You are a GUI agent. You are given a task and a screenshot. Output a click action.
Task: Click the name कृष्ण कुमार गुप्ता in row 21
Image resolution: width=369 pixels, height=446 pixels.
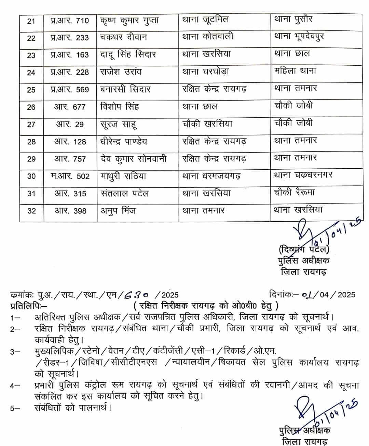(x=129, y=21)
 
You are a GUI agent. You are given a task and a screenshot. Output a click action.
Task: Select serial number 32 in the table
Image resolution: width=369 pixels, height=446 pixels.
(x=31, y=211)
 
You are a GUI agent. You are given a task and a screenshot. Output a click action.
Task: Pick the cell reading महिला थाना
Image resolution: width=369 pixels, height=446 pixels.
(x=295, y=71)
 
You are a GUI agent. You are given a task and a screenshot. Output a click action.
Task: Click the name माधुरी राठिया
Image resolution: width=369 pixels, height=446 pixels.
(x=123, y=176)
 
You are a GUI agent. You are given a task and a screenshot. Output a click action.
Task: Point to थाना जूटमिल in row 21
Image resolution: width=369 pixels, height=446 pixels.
(x=205, y=20)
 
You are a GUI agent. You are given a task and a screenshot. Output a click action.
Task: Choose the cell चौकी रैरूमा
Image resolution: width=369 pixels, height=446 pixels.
(x=294, y=193)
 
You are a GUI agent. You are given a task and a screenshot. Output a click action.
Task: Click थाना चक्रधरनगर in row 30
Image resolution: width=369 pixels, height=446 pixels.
(x=303, y=175)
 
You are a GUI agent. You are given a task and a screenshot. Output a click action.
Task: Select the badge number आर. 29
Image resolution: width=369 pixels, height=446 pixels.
(x=70, y=124)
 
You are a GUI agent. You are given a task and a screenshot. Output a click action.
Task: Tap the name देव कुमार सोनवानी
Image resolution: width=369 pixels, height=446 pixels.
(x=134, y=159)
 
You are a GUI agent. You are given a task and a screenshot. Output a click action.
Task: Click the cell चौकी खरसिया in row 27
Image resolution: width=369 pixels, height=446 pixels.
(x=207, y=123)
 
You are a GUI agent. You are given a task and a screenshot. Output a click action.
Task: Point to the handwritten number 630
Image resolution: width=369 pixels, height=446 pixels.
(x=136, y=294)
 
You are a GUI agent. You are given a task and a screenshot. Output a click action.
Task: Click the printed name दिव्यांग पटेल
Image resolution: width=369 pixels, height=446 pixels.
(x=304, y=249)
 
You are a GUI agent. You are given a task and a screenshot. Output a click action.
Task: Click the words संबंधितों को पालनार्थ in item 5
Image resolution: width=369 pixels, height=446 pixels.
(x=73, y=407)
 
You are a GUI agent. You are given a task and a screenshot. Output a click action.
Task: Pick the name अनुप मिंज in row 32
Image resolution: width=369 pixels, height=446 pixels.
(x=118, y=211)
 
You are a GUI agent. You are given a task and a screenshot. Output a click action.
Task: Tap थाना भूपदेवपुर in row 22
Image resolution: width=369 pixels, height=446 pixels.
(x=299, y=37)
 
